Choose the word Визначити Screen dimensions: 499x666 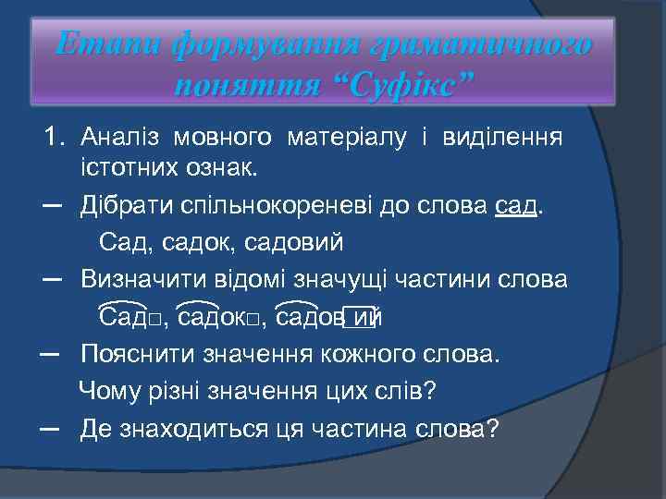tap(134, 279)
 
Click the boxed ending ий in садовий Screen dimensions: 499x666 tap(364, 317)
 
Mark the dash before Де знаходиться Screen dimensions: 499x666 tap(52, 429)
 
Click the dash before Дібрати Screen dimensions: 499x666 tap(52, 204)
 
